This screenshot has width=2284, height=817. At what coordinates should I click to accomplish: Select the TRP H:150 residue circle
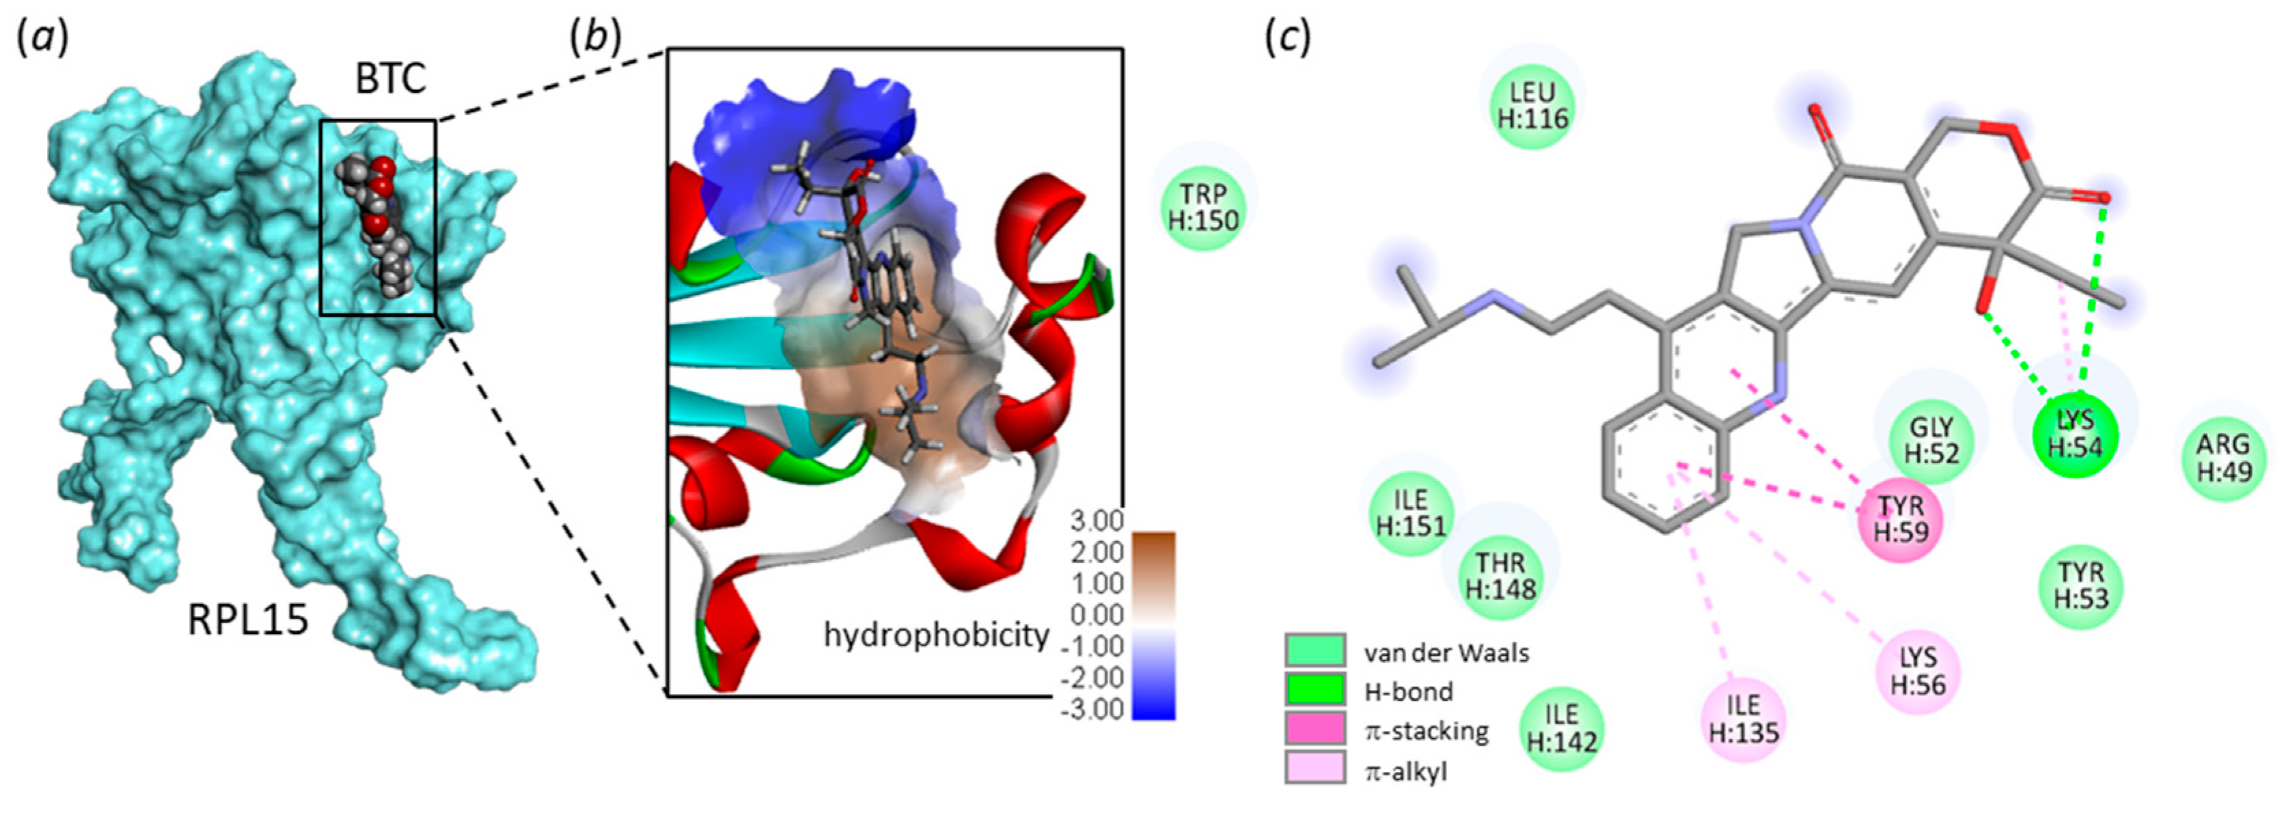coord(1203,206)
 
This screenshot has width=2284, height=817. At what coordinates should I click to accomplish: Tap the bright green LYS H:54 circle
coord(2075,435)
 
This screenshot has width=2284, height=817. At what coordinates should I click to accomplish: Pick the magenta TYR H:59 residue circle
coord(1901,518)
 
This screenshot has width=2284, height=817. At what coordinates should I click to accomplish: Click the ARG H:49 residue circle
coord(2224,457)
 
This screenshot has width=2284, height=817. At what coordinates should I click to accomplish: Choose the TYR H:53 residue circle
coord(2081,585)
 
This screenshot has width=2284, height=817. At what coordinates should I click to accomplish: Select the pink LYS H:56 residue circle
coord(1918,671)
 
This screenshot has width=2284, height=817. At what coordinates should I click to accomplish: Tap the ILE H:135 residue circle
coord(1743,718)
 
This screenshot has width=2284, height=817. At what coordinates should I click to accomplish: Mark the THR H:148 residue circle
coord(1500,574)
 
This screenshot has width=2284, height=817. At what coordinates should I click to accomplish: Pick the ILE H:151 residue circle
coord(1411,513)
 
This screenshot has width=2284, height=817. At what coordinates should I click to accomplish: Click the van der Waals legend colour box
coord(1316,650)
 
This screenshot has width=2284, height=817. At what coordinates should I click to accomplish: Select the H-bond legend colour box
coord(1316,691)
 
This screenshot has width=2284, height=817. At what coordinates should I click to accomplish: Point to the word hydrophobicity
coord(936,635)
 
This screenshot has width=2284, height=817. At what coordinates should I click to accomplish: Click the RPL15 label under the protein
coord(248,620)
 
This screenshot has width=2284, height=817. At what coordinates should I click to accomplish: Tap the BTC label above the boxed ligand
coord(391,79)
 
